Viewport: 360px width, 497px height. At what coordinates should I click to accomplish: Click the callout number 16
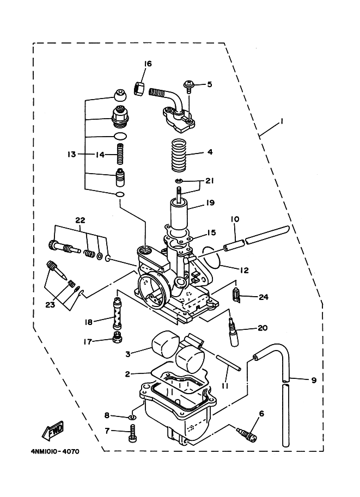point(148,64)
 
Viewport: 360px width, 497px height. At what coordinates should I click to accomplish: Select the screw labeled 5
point(189,84)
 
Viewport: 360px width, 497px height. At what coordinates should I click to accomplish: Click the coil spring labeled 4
point(179,154)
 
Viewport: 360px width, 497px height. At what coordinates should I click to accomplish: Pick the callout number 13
point(71,155)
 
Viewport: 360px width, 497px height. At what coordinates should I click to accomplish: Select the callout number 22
point(81,220)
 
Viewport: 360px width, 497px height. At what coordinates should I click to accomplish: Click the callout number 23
point(50,305)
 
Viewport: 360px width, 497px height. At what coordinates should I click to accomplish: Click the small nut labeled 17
point(116,341)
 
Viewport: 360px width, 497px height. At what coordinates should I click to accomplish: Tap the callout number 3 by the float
point(128,354)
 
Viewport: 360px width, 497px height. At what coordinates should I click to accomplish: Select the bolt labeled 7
point(131,433)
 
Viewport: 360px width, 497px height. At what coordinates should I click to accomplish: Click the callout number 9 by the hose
point(314,380)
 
